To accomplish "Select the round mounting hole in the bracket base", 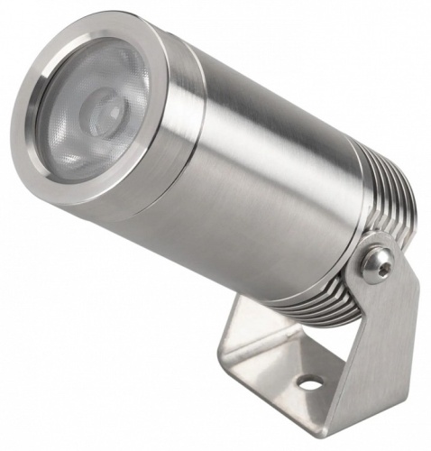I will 310,382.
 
